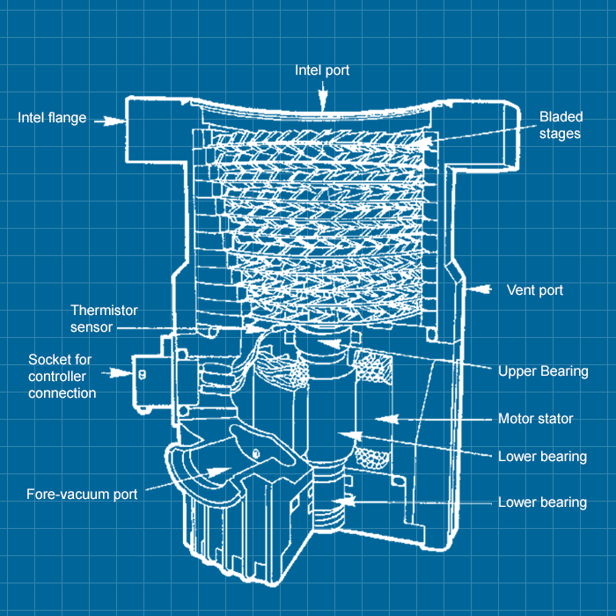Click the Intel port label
click(322, 70)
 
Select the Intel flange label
click(52, 117)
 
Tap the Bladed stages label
click(560, 125)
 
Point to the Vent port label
click(535, 290)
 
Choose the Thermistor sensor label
click(104, 319)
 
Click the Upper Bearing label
click(543, 370)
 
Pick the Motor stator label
click(535, 419)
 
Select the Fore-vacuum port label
click(82, 494)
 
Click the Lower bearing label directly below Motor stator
click(542, 456)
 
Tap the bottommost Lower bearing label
click(542, 502)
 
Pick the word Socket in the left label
click(49, 360)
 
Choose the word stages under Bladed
click(560, 134)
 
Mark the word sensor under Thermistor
click(92, 327)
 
